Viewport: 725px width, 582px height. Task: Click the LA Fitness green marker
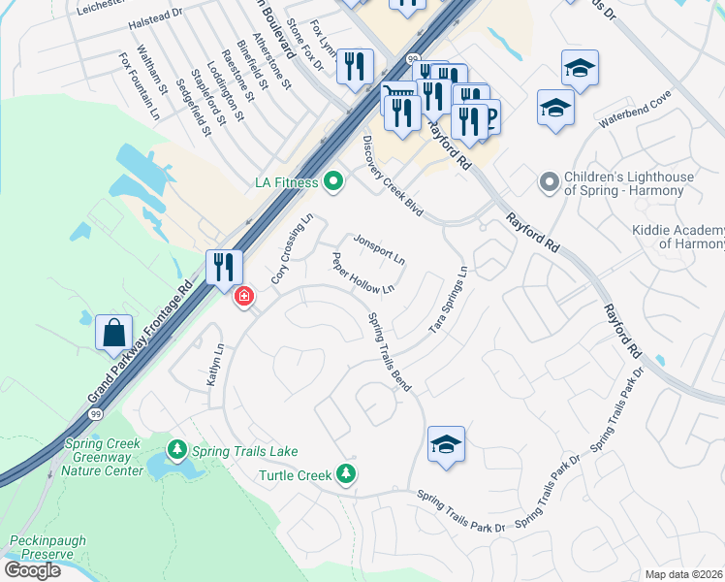coord(333,180)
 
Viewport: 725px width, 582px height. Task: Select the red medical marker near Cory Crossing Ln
coord(243,296)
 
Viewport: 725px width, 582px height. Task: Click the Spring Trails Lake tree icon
coord(176,450)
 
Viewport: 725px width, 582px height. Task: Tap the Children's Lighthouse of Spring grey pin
coord(550,182)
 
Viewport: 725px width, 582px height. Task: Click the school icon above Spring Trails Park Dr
coord(446,444)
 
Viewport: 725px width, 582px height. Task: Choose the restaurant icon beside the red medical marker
coord(223,266)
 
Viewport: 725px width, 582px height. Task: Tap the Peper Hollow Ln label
coord(363,275)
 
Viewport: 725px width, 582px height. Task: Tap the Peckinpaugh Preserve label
coord(42,546)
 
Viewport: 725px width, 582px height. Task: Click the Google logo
coord(32,570)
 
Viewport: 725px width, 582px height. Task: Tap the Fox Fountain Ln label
coord(139,88)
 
